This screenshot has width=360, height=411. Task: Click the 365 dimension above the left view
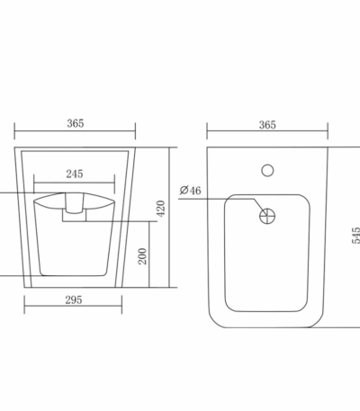tap(76, 123)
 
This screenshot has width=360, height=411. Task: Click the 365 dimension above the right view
tap(267, 125)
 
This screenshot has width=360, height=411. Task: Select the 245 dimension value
tap(75, 174)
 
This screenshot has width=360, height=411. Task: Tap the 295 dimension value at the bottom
tap(74, 299)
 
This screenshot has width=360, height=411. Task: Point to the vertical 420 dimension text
tap(161, 209)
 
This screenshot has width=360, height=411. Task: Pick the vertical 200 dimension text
tap(142, 256)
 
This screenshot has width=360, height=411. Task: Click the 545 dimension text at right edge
tap(355, 236)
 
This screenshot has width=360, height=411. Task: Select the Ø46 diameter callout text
tap(191, 191)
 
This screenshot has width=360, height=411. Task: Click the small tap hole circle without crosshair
tap(267, 170)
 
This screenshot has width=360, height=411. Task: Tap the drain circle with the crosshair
tap(267, 216)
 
